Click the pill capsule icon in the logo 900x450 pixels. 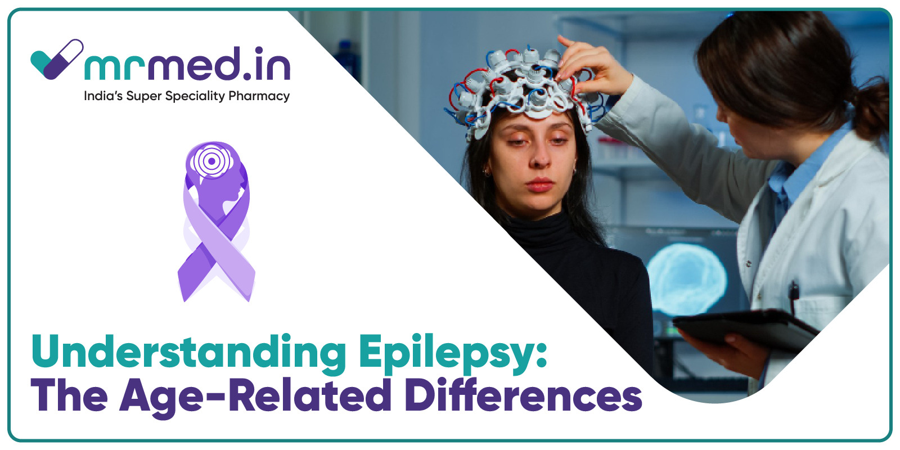[63, 59]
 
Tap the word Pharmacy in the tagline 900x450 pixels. [259, 96]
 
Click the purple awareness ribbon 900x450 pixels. [216, 222]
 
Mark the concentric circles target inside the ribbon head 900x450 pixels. [211, 161]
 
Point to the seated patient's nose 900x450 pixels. [539, 157]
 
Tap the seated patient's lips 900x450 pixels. [539, 184]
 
